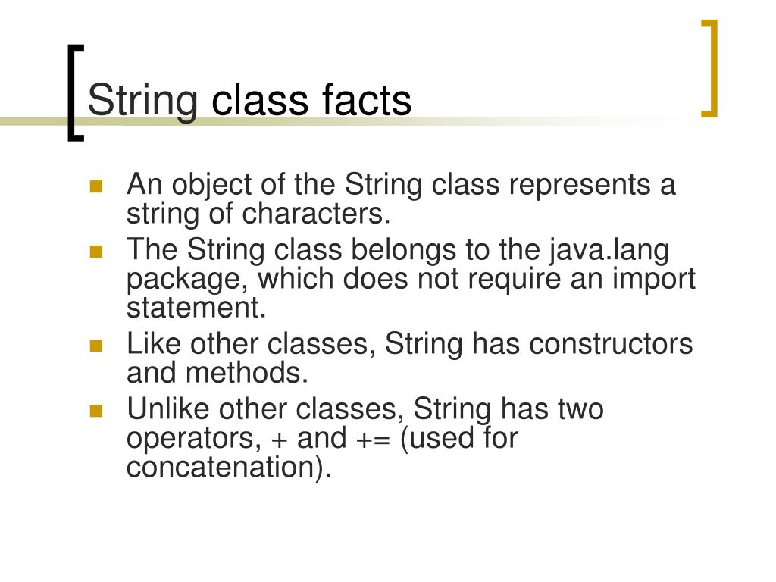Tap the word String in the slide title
[143, 102]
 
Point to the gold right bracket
[710, 68]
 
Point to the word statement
[197, 308]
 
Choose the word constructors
[611, 344]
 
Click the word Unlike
[168, 409]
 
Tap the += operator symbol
[375, 439]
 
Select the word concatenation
[226, 468]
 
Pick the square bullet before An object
[95, 186]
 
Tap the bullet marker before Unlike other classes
[95, 411]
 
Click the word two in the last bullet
[580, 409]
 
